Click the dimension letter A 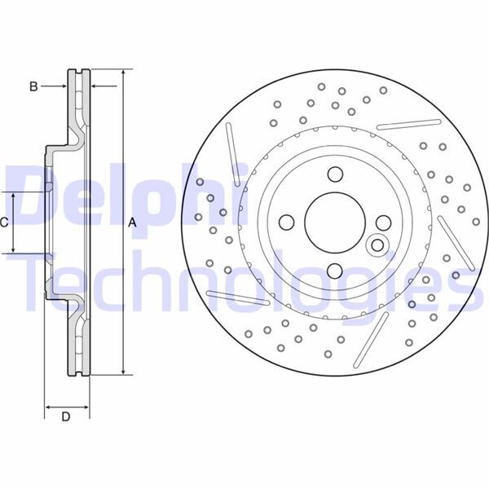pos(130,222)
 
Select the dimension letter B pos(33,86)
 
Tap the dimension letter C pos(5,222)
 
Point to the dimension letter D pos(66,417)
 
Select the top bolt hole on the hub pos(334,174)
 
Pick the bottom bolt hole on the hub pos(334,271)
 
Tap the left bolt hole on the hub pos(285,222)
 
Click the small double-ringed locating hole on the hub pos(377,244)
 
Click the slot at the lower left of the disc pos(238,297)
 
